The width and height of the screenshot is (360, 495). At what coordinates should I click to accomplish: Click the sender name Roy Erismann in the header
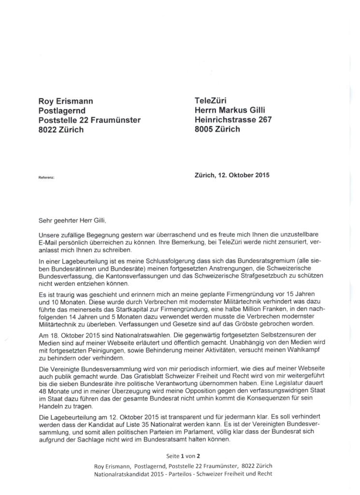point(66,101)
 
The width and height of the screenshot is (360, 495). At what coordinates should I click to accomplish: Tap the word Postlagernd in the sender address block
point(62,111)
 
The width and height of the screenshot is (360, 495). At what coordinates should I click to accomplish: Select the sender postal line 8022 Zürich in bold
point(61,130)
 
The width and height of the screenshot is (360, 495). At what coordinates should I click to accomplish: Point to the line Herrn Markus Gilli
point(230,110)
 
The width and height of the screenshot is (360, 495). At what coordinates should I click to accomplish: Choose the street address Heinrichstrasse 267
point(233,120)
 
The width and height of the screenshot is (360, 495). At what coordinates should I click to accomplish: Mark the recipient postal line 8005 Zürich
point(217,129)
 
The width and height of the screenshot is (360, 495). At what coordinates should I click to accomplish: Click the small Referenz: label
point(46,177)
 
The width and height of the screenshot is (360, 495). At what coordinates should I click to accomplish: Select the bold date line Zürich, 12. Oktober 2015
point(232,175)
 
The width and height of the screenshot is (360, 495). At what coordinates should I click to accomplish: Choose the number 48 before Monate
point(43,392)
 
